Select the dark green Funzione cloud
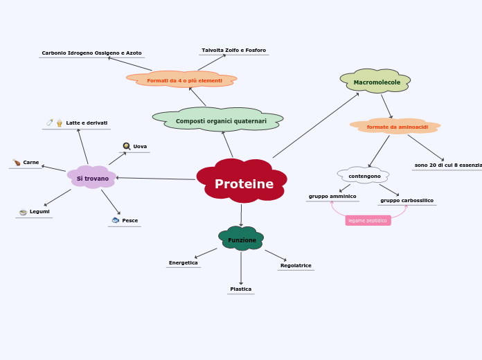click(242, 240)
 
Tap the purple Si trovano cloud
click(92, 178)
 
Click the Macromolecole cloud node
click(376, 82)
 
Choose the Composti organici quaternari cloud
click(220, 121)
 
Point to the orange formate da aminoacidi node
click(397, 127)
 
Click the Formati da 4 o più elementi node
click(184, 80)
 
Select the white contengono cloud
click(364, 176)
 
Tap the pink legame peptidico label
click(368, 220)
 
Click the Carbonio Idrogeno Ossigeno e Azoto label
click(91, 53)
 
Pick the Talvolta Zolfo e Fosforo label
click(233, 50)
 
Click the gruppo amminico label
click(332, 196)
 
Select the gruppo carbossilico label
click(407, 200)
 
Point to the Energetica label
click(183, 262)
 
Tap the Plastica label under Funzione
click(240, 289)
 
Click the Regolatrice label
click(296, 265)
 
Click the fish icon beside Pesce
click(116, 220)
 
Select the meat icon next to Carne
click(17, 162)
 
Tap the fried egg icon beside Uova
click(127, 146)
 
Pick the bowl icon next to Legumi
click(23, 211)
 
